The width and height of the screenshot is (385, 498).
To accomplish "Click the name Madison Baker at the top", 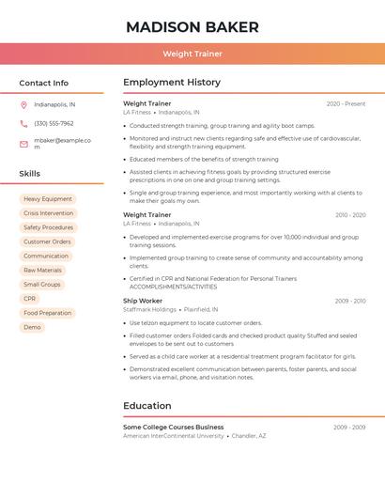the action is [x=192, y=26].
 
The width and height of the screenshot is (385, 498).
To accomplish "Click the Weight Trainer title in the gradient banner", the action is [x=192, y=54].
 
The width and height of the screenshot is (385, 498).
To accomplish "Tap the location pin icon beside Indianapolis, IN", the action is [x=23, y=104].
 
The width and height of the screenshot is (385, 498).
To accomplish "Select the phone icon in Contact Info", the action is [x=23, y=123].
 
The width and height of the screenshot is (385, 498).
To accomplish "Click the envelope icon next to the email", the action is [x=23, y=144].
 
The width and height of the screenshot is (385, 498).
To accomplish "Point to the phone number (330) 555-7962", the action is [x=54, y=123].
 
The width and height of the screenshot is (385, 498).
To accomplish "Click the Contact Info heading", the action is [x=44, y=83].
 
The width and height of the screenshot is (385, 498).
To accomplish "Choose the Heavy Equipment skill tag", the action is [x=48, y=199].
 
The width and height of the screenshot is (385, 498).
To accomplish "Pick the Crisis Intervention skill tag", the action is [x=49, y=213].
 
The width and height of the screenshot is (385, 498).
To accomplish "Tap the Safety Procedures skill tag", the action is [x=48, y=227].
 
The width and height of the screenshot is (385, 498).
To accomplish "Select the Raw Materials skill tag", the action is [x=43, y=270].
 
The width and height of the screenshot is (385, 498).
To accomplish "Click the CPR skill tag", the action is [x=30, y=299].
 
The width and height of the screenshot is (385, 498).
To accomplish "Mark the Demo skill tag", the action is [x=33, y=327].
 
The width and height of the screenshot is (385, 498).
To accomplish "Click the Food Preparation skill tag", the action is [x=48, y=313].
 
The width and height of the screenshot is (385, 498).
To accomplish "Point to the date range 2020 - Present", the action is [x=346, y=104].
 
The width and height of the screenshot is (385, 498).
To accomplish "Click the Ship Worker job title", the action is [x=143, y=301].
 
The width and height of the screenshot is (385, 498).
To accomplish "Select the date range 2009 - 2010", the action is [x=349, y=301].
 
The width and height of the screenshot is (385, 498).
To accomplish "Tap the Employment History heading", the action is [x=172, y=83].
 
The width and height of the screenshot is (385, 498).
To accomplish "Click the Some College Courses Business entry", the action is [x=174, y=427].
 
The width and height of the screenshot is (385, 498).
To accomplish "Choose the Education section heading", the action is [x=147, y=406].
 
